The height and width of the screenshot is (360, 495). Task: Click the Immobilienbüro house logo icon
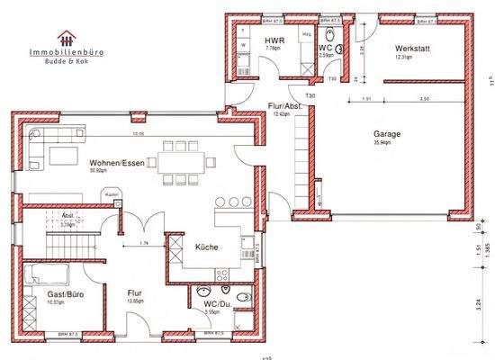[x=65, y=38]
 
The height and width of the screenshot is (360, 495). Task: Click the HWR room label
[x=274, y=42]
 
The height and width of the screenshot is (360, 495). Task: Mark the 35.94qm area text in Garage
[x=389, y=143]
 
